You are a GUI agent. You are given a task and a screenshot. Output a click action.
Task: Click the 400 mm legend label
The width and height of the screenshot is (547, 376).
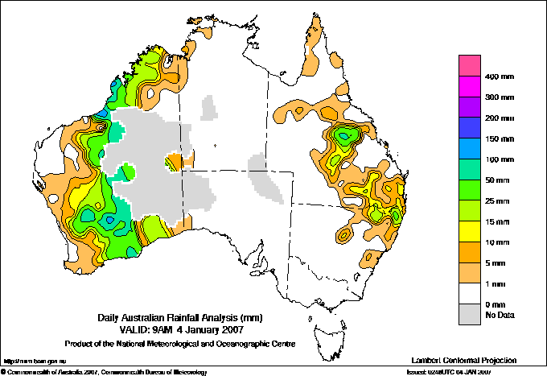click(499, 76)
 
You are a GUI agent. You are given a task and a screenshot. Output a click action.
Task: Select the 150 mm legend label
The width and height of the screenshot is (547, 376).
click(499, 138)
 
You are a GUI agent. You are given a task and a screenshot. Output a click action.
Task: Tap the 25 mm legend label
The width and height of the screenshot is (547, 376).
click(499, 200)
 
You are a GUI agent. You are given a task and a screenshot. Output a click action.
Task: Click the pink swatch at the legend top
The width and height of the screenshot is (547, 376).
click(469, 66)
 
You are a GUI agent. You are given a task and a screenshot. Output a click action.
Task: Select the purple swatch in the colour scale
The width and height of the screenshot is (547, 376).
click(469, 107)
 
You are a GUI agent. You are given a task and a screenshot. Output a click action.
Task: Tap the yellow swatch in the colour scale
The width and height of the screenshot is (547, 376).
click(469, 231)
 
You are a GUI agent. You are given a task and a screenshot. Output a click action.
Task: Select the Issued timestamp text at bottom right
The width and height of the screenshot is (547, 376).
click(459, 372)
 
